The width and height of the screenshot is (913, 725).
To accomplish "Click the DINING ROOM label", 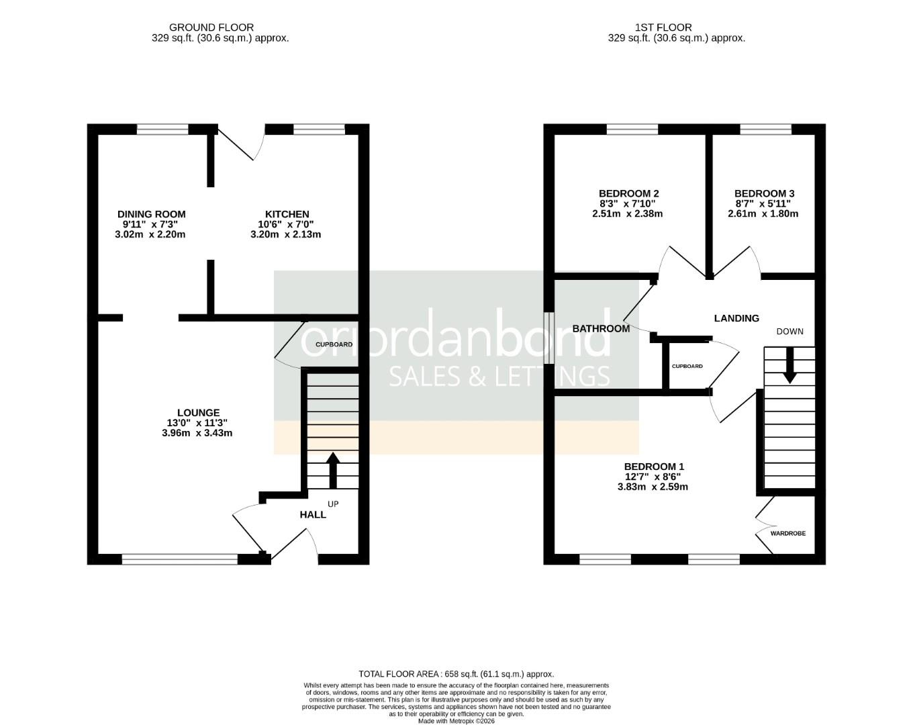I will tap(151, 214).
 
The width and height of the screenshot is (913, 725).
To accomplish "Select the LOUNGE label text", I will tap(198, 413).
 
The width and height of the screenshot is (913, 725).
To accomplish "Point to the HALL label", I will tap(313, 514).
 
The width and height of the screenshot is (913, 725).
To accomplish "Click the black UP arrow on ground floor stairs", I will tap(332, 470).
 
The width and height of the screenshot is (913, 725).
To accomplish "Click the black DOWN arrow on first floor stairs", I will tap(789, 365).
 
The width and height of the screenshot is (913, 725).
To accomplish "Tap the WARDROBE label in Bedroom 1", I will tap(787, 533).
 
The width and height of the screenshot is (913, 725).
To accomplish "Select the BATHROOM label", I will tap(601, 328).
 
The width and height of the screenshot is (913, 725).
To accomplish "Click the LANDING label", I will tap(736, 318).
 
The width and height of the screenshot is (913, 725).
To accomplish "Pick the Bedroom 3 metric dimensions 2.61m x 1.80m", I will tap(763, 214).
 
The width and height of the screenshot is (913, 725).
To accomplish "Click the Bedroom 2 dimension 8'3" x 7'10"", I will tap(624, 204).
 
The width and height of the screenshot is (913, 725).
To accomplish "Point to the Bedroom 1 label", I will tap(654, 467).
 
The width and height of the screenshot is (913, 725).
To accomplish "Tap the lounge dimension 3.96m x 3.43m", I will tap(199, 433).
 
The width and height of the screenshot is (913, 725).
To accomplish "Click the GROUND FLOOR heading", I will tap(211, 28).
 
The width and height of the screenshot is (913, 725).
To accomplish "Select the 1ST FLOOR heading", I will tap(663, 28).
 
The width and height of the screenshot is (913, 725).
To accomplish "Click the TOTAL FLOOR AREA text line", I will tap(456, 674).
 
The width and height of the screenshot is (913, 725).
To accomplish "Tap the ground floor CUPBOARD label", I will tap(334, 344).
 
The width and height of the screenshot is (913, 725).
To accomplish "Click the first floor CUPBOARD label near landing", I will tap(687, 366).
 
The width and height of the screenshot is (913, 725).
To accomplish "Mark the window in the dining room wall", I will tap(162, 130).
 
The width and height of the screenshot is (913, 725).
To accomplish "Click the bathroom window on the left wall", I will tap(548, 338).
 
